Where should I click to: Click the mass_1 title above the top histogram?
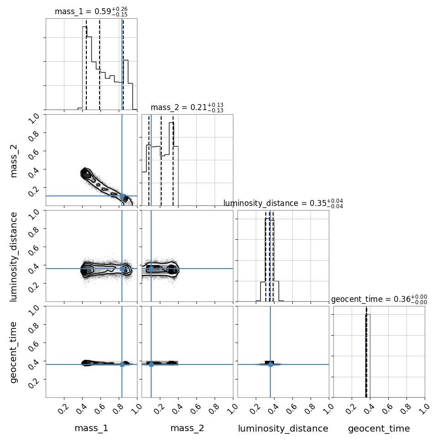pyautogui.click(x=91, y=11)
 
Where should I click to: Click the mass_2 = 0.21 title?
pyautogui.click(x=187, y=108)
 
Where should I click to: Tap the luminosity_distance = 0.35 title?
pyautogui.click(x=283, y=203)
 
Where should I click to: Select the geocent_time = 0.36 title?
pyautogui.click(x=379, y=300)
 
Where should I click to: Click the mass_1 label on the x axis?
pyautogui.click(x=91, y=428)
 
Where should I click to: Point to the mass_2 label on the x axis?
pyautogui.click(x=187, y=428)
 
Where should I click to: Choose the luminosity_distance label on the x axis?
pyautogui.click(x=283, y=428)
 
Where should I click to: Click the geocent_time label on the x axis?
pyautogui.click(x=379, y=428)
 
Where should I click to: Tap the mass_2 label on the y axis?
pyautogui.click(x=14, y=161)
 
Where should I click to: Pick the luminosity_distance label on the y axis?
pyautogui.click(x=14, y=257)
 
